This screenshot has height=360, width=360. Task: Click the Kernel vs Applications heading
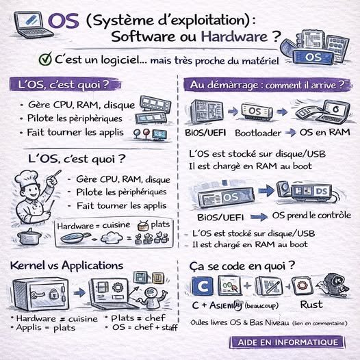tap(66, 265)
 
